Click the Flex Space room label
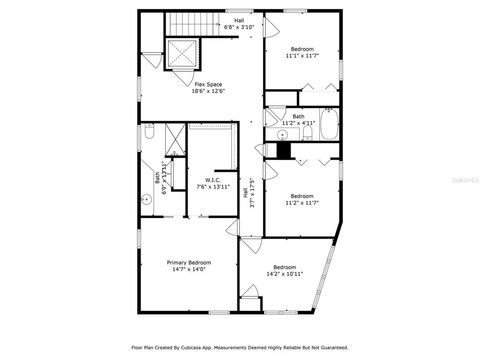208,84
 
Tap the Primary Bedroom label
189,262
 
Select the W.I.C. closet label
213,180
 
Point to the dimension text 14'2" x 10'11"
285,274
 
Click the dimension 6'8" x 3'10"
239,27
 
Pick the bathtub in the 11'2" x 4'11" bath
330,124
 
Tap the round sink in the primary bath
147,200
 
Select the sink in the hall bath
282,135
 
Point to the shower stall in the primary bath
175,139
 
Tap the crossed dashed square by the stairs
182,53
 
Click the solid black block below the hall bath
284,150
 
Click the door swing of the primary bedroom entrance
232,227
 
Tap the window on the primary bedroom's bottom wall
219,313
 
